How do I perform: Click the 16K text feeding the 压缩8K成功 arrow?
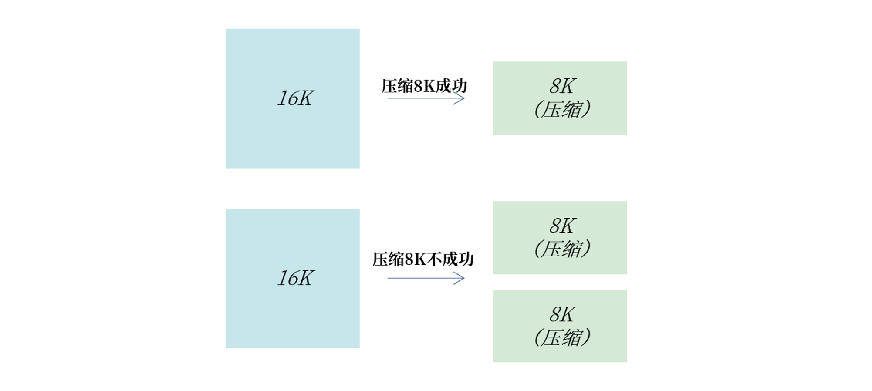295,98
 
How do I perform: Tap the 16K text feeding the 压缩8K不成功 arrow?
295,278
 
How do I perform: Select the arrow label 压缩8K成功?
424,86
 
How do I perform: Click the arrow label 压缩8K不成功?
422,260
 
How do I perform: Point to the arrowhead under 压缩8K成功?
461,98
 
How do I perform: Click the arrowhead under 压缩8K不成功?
461,278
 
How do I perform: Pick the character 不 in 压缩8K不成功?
434,260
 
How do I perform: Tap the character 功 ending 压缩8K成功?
459,86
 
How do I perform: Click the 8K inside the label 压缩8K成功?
424,86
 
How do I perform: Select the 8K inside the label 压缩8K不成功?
415,260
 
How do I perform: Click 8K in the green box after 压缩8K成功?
562,86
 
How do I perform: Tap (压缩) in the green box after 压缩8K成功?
562,109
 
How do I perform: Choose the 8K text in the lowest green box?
562,314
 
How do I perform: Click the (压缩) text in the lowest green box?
562,337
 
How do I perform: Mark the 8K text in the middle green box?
562,226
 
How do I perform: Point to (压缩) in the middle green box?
562,249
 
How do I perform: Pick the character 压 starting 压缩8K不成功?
380,260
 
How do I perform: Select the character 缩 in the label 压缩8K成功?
405,86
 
